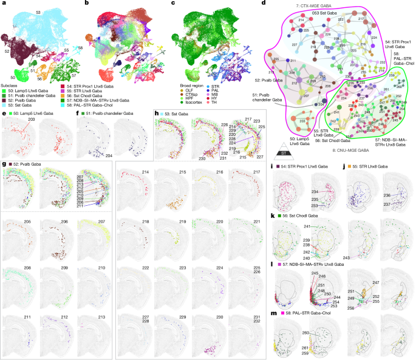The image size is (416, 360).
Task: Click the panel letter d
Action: click(x=263, y=4)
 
